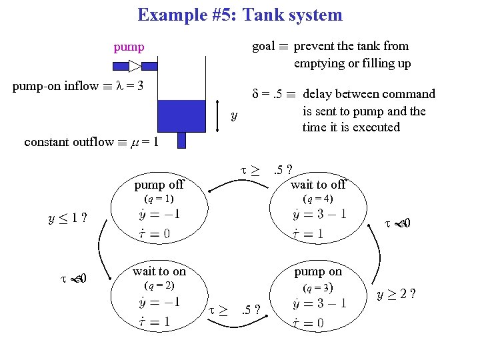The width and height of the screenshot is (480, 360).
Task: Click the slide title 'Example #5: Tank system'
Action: coord(239,15)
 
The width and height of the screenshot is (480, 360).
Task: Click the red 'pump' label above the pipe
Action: coord(129,47)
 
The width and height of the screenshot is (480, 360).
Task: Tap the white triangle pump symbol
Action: coord(135,65)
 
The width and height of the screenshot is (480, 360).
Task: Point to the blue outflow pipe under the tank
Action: coord(181,140)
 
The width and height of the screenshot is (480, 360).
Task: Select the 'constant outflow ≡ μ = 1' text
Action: coord(91,142)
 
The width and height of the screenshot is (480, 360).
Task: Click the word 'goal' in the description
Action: coord(263,46)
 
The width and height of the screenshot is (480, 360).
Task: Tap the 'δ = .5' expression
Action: coord(270,94)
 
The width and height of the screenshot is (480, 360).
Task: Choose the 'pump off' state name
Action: coord(159,184)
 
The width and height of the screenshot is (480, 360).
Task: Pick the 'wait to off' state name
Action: coord(318,184)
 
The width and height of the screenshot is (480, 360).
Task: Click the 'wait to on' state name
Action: coord(159,271)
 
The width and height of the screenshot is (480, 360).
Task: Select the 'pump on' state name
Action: coord(318,271)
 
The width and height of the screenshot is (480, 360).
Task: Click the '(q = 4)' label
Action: coord(317,199)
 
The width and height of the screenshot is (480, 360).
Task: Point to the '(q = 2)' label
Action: coord(159,286)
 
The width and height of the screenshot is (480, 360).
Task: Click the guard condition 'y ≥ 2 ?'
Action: coord(395,293)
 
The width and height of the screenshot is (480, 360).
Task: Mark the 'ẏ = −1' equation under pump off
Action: coord(159,215)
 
